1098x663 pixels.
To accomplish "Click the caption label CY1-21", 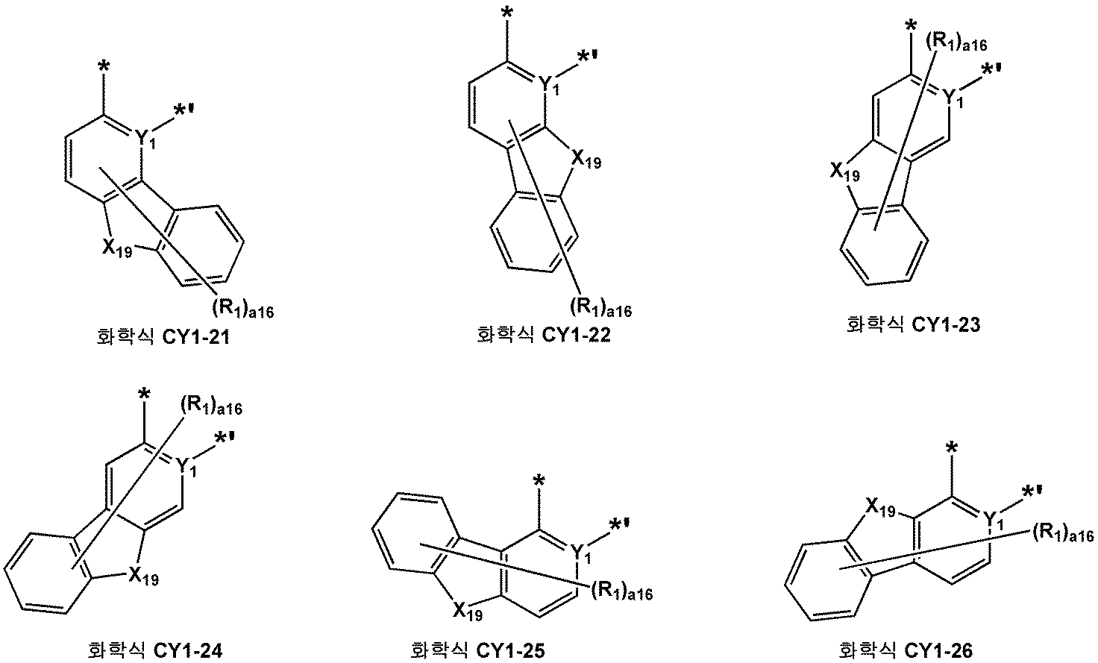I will pos(160,338).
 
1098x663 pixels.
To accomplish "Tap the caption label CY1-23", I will pos(913,324).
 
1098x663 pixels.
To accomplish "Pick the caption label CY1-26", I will pos(906,650).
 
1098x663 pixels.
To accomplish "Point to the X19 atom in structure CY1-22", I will pos(586,159).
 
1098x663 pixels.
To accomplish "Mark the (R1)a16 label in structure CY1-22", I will pos(600,307).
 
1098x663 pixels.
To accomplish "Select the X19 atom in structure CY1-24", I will pos(142,575).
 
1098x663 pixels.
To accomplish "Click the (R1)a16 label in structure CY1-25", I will pos(621,592).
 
